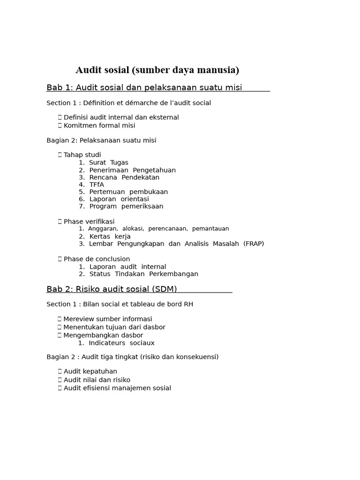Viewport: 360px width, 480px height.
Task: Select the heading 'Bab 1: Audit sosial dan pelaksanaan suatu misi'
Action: coord(144,88)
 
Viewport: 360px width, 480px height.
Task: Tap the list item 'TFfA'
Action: coord(96,185)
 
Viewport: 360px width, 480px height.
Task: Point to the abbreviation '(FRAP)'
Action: coord(254,244)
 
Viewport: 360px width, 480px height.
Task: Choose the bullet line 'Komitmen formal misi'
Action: coord(99,126)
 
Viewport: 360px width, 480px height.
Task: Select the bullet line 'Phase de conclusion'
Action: coord(97,259)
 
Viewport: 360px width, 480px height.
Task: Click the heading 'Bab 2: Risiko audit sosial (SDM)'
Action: coord(112,289)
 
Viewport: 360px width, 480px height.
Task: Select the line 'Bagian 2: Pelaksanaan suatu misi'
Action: coord(101,140)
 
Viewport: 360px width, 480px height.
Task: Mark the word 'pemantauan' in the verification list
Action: coord(210,229)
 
